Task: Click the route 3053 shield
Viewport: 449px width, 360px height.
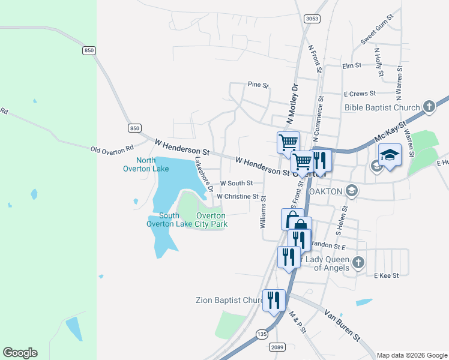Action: [312, 19]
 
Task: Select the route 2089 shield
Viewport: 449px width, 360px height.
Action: [277, 347]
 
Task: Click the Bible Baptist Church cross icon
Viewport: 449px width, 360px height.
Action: [429, 107]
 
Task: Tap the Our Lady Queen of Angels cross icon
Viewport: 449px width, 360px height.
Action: [358, 262]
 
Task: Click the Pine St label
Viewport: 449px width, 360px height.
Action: [259, 85]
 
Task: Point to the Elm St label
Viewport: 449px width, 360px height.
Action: [351, 65]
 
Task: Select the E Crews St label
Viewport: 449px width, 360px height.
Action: [360, 94]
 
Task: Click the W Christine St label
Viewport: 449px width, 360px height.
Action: [238, 196]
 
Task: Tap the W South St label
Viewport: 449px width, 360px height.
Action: [237, 183]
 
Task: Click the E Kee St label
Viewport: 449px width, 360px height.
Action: [386, 275]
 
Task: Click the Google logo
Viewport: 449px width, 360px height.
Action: [20, 353]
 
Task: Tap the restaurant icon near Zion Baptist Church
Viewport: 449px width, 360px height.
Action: [274, 299]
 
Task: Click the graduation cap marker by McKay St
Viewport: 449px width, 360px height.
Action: [390, 155]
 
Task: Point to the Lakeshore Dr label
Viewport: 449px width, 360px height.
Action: [204, 175]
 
